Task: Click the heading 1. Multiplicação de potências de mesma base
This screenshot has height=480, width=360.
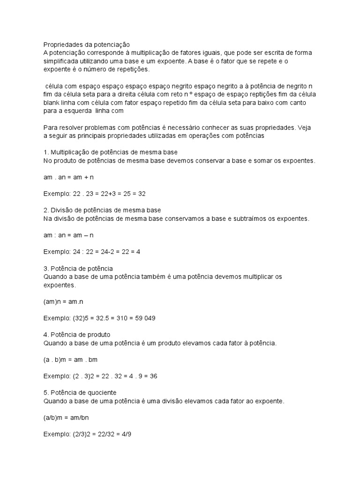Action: (x=111, y=152)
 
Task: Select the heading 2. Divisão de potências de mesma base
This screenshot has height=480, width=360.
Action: (x=102, y=210)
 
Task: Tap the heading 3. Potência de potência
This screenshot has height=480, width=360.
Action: (x=78, y=269)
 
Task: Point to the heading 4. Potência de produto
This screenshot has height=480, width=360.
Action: (x=76, y=335)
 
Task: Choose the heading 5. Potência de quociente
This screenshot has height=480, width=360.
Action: (x=80, y=392)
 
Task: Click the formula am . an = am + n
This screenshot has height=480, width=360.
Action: (x=68, y=177)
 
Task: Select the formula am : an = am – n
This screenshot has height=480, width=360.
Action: (x=68, y=235)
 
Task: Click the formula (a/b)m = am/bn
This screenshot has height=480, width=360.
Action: (x=66, y=417)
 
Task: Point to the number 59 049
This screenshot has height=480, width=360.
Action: (x=142, y=318)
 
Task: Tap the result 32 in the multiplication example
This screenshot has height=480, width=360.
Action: (x=146, y=194)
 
